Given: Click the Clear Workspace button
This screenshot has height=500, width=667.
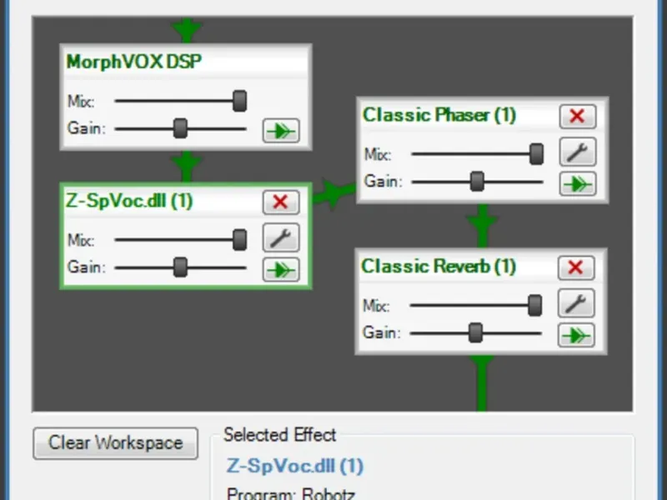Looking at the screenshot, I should pyautogui.click(x=115, y=443).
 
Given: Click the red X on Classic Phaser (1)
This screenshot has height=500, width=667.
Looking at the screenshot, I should pyautogui.click(x=577, y=116).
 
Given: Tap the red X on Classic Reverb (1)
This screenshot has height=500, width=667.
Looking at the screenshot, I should pyautogui.click(x=575, y=267).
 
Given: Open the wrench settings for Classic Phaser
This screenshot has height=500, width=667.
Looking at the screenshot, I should pyautogui.click(x=577, y=152).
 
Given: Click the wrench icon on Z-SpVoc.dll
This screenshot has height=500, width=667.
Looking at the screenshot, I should pyautogui.click(x=281, y=237).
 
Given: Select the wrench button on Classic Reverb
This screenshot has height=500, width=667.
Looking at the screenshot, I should pyautogui.click(x=575, y=303).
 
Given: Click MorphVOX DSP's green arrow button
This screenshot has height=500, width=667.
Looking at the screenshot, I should pyautogui.click(x=281, y=131).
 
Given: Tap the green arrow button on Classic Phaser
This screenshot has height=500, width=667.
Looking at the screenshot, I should pyautogui.click(x=577, y=183).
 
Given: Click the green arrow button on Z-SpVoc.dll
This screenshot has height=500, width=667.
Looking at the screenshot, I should pyautogui.click(x=281, y=269).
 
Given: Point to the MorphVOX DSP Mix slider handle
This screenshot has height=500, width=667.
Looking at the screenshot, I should pyautogui.click(x=239, y=101).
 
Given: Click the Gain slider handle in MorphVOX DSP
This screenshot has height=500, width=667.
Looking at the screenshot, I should pyautogui.click(x=180, y=128).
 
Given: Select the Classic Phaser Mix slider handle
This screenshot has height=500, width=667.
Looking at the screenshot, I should pyautogui.click(x=536, y=153).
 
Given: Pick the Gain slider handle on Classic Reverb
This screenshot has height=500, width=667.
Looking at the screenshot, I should pyautogui.click(x=475, y=332).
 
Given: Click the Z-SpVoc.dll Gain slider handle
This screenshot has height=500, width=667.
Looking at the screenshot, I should pyautogui.click(x=180, y=267).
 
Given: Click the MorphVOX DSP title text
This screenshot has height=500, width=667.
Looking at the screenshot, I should pyautogui.click(x=134, y=62).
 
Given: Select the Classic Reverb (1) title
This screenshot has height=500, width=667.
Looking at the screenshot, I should pyautogui.click(x=439, y=267).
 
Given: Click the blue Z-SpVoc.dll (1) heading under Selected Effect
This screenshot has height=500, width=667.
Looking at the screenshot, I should pyautogui.click(x=295, y=466).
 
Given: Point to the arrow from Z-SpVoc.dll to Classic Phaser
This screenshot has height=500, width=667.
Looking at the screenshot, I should pyautogui.click(x=334, y=193).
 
